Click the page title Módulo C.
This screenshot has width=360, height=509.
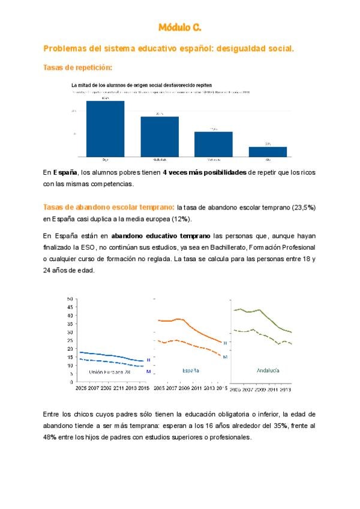coord(179,28)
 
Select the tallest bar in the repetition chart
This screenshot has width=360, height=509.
coord(105,128)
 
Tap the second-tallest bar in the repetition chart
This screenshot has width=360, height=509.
coord(160,136)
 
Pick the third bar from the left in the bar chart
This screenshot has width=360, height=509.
coord(213,144)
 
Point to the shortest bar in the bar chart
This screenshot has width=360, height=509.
coord(268,151)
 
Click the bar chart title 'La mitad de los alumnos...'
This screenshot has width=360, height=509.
coord(142,85)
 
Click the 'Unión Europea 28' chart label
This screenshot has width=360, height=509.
coord(109,372)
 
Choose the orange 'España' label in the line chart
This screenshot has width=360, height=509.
coord(191,371)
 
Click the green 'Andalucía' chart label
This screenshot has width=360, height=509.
coord(270,370)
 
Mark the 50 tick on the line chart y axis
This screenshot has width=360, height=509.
coord(70,298)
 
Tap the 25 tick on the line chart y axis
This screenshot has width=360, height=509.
coord(70,340)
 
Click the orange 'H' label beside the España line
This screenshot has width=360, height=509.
coord(225,343)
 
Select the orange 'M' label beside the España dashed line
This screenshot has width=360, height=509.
coord(225,357)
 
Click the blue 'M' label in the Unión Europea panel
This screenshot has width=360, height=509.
coord(148,372)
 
